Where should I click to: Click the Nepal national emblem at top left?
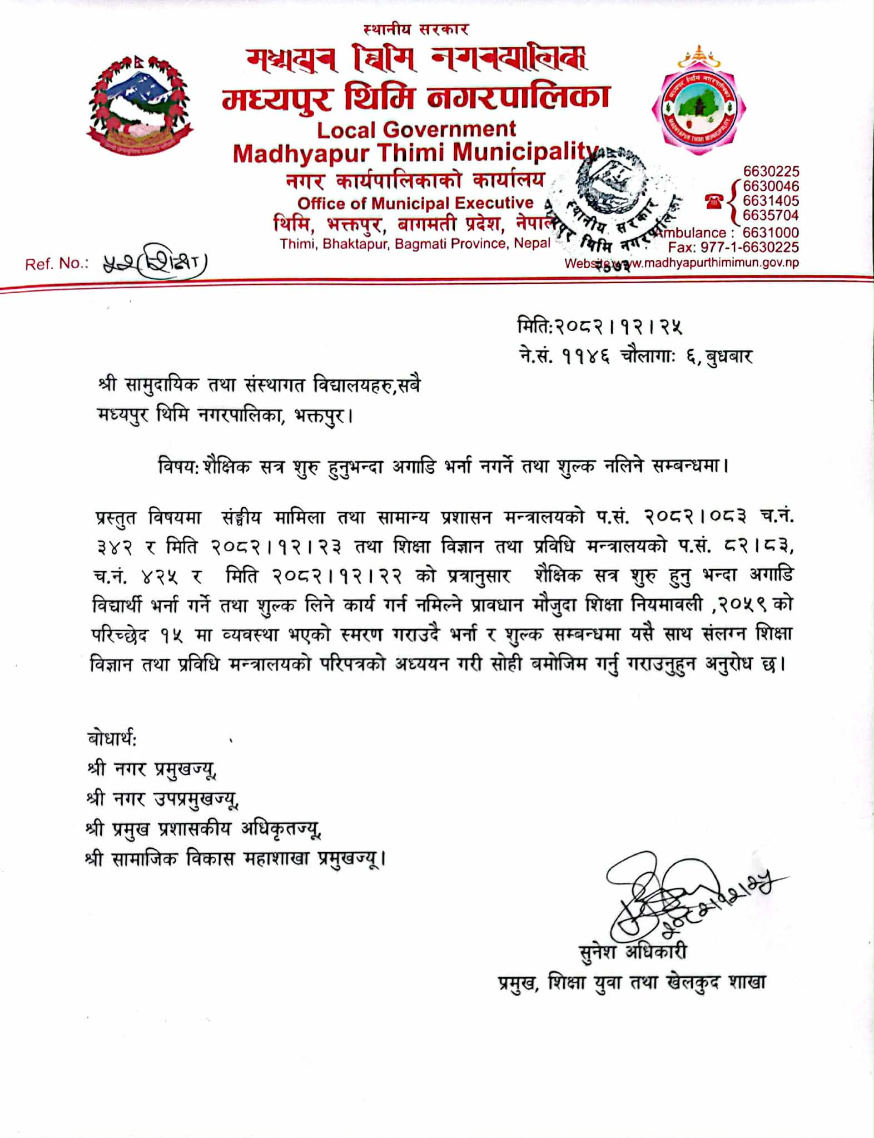tap(139, 106)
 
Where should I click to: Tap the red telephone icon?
tap(714, 201)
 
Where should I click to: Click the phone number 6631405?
tap(771, 201)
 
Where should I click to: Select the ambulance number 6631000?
tap(771, 232)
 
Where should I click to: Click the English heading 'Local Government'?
tap(416, 130)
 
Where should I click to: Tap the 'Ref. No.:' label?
tap(57, 264)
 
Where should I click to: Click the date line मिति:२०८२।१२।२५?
tap(598, 327)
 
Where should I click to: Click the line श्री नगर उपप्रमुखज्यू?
tap(162, 799)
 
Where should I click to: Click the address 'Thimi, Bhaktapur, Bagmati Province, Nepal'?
tap(415, 244)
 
